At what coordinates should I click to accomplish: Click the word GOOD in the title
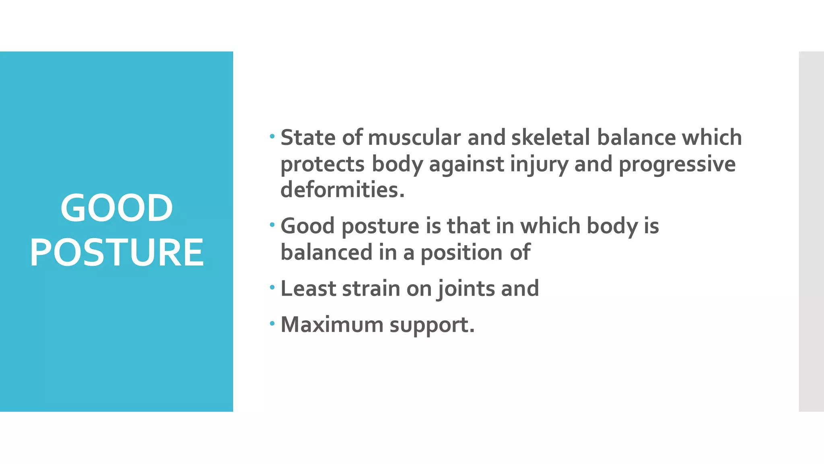pos(117,208)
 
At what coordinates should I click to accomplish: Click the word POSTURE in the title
pos(117,252)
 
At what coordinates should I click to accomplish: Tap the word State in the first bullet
pos(308,138)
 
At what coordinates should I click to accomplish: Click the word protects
pos(322,164)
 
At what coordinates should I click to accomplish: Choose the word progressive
pos(677,164)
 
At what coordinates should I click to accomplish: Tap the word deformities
pos(342,190)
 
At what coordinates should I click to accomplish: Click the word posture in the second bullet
pos(380,226)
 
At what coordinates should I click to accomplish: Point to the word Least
pos(308,288)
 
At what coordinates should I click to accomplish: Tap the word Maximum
pos(332,325)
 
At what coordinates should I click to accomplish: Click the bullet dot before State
pos(272,137)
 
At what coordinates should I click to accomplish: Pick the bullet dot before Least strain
pos(272,288)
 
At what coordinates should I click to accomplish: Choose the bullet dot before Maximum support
pos(272,323)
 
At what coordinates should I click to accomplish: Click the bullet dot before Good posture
pos(272,225)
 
